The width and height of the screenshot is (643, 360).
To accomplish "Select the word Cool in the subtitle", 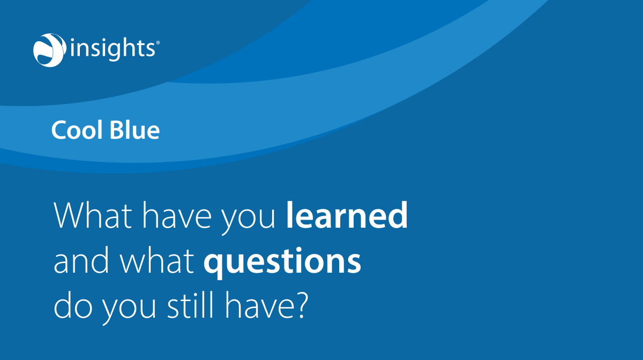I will point(75,130).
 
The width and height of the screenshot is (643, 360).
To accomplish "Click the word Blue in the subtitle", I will point(133,130).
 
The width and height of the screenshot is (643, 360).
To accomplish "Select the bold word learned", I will point(347,216).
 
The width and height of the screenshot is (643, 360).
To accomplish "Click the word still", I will point(187,307).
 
